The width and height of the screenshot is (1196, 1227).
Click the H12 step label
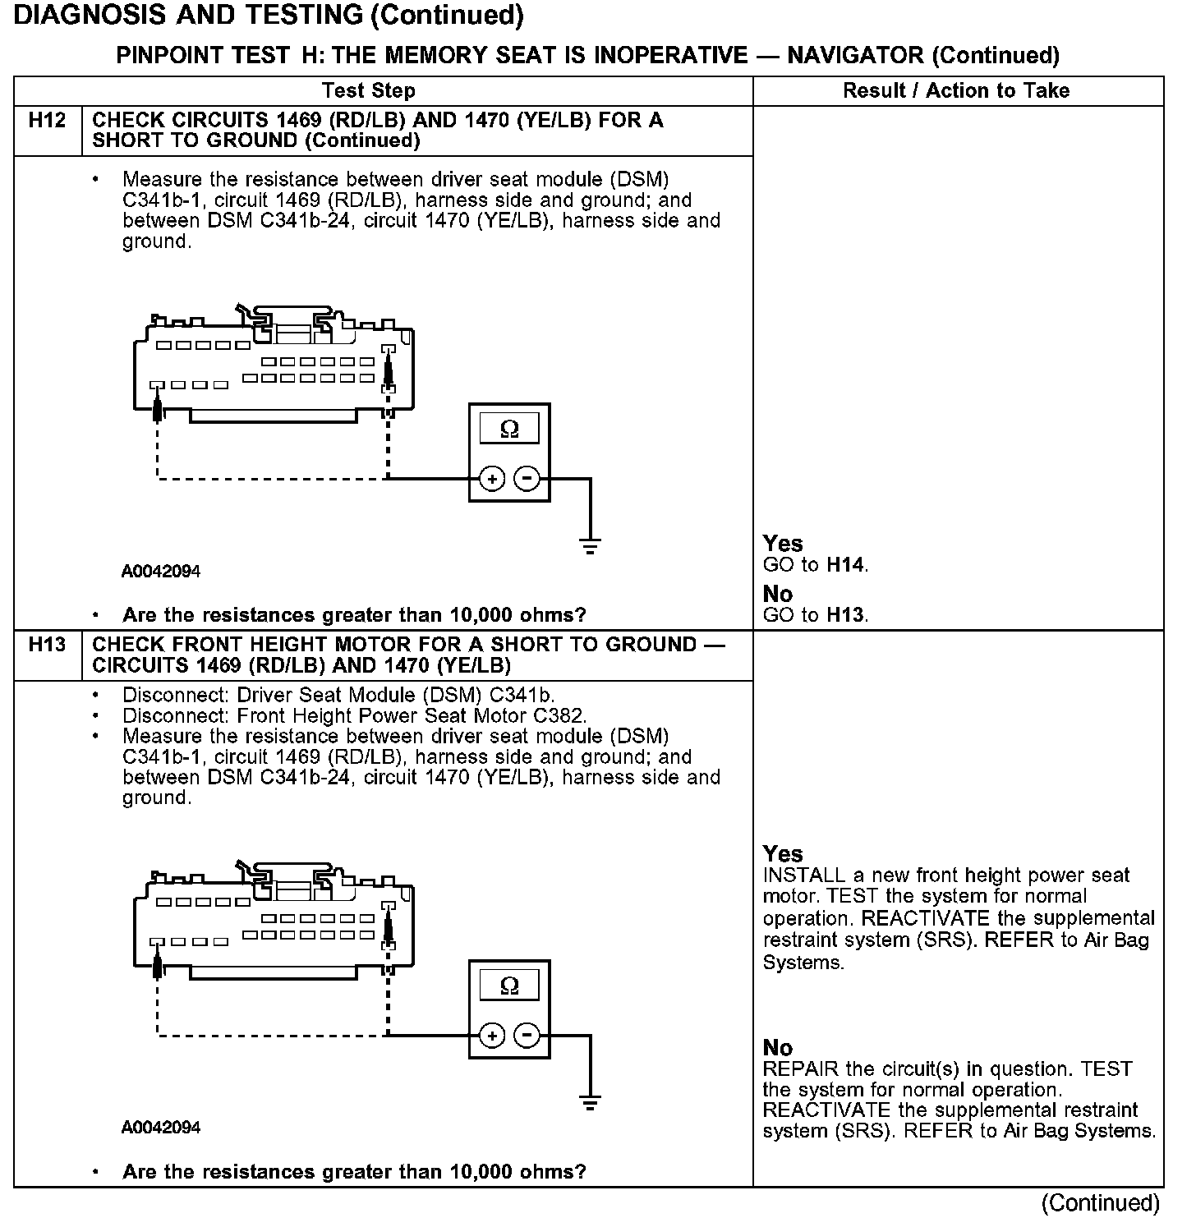pyautogui.click(x=47, y=121)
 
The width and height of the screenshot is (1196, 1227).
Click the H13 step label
pyautogui.click(x=47, y=645)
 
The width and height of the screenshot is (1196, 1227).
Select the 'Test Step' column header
pyautogui.click(x=369, y=90)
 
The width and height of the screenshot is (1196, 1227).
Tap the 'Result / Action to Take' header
pyautogui.click(x=956, y=90)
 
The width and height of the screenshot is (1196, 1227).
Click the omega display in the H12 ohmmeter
pyautogui.click(x=509, y=429)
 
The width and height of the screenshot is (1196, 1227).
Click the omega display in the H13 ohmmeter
pyautogui.click(x=509, y=986)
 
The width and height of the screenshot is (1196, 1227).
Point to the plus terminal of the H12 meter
pyautogui.click(x=491, y=478)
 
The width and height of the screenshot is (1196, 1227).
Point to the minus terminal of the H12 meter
pyautogui.click(x=527, y=478)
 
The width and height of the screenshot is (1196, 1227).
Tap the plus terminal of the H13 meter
pyautogui.click(x=491, y=1036)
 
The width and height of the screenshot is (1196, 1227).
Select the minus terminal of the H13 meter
pyautogui.click(x=527, y=1036)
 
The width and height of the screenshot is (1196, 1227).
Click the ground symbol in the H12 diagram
pyautogui.click(x=590, y=545)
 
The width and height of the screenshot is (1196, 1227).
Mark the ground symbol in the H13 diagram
pyautogui.click(x=590, y=1102)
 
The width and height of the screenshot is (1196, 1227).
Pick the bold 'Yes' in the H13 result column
pyautogui.click(x=783, y=854)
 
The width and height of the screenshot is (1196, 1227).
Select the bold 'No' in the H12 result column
pyautogui.click(x=778, y=594)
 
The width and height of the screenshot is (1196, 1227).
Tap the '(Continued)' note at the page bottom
pyautogui.click(x=1100, y=1203)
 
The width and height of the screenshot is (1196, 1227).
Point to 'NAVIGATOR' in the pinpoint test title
pyautogui.click(x=854, y=56)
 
